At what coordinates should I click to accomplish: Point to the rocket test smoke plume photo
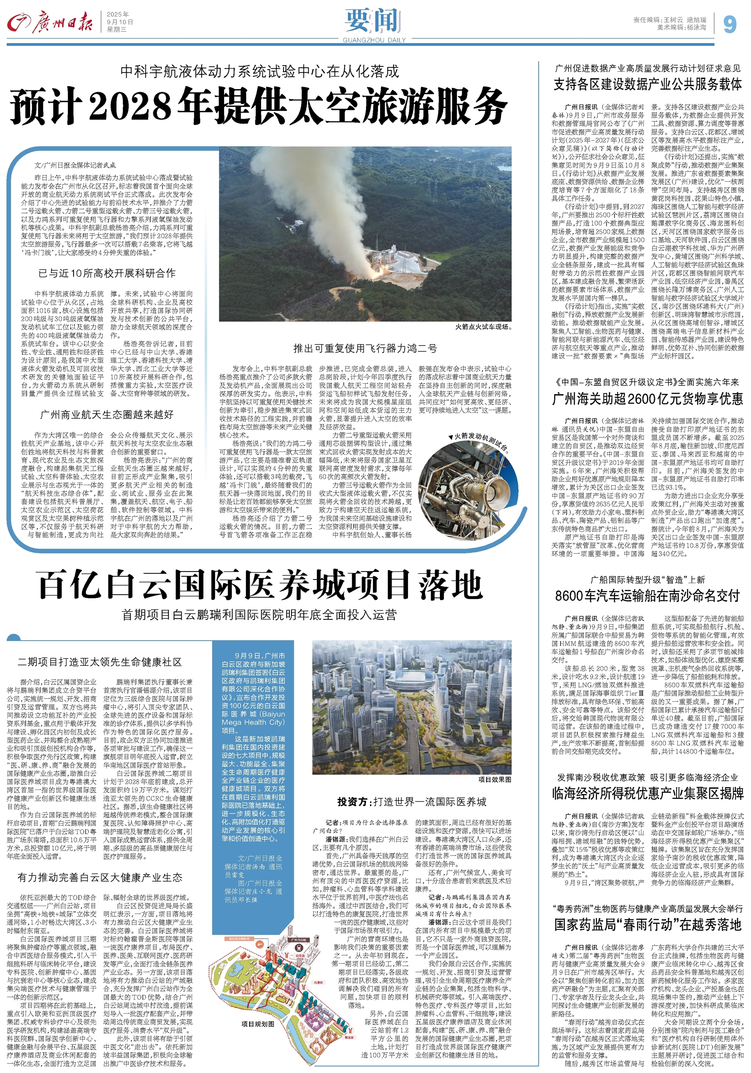[366, 233]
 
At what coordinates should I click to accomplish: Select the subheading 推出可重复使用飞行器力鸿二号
[365, 348]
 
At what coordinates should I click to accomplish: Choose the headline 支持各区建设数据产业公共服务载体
[647, 85]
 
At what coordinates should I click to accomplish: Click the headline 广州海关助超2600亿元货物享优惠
[647, 399]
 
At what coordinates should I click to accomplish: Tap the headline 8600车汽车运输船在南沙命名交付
[647, 596]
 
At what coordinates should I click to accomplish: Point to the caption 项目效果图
[494, 780]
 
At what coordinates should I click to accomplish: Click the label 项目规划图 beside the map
[258, 1024]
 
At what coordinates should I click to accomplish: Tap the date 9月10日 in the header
[120, 22]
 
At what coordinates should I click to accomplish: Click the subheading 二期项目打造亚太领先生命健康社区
[100, 662]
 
